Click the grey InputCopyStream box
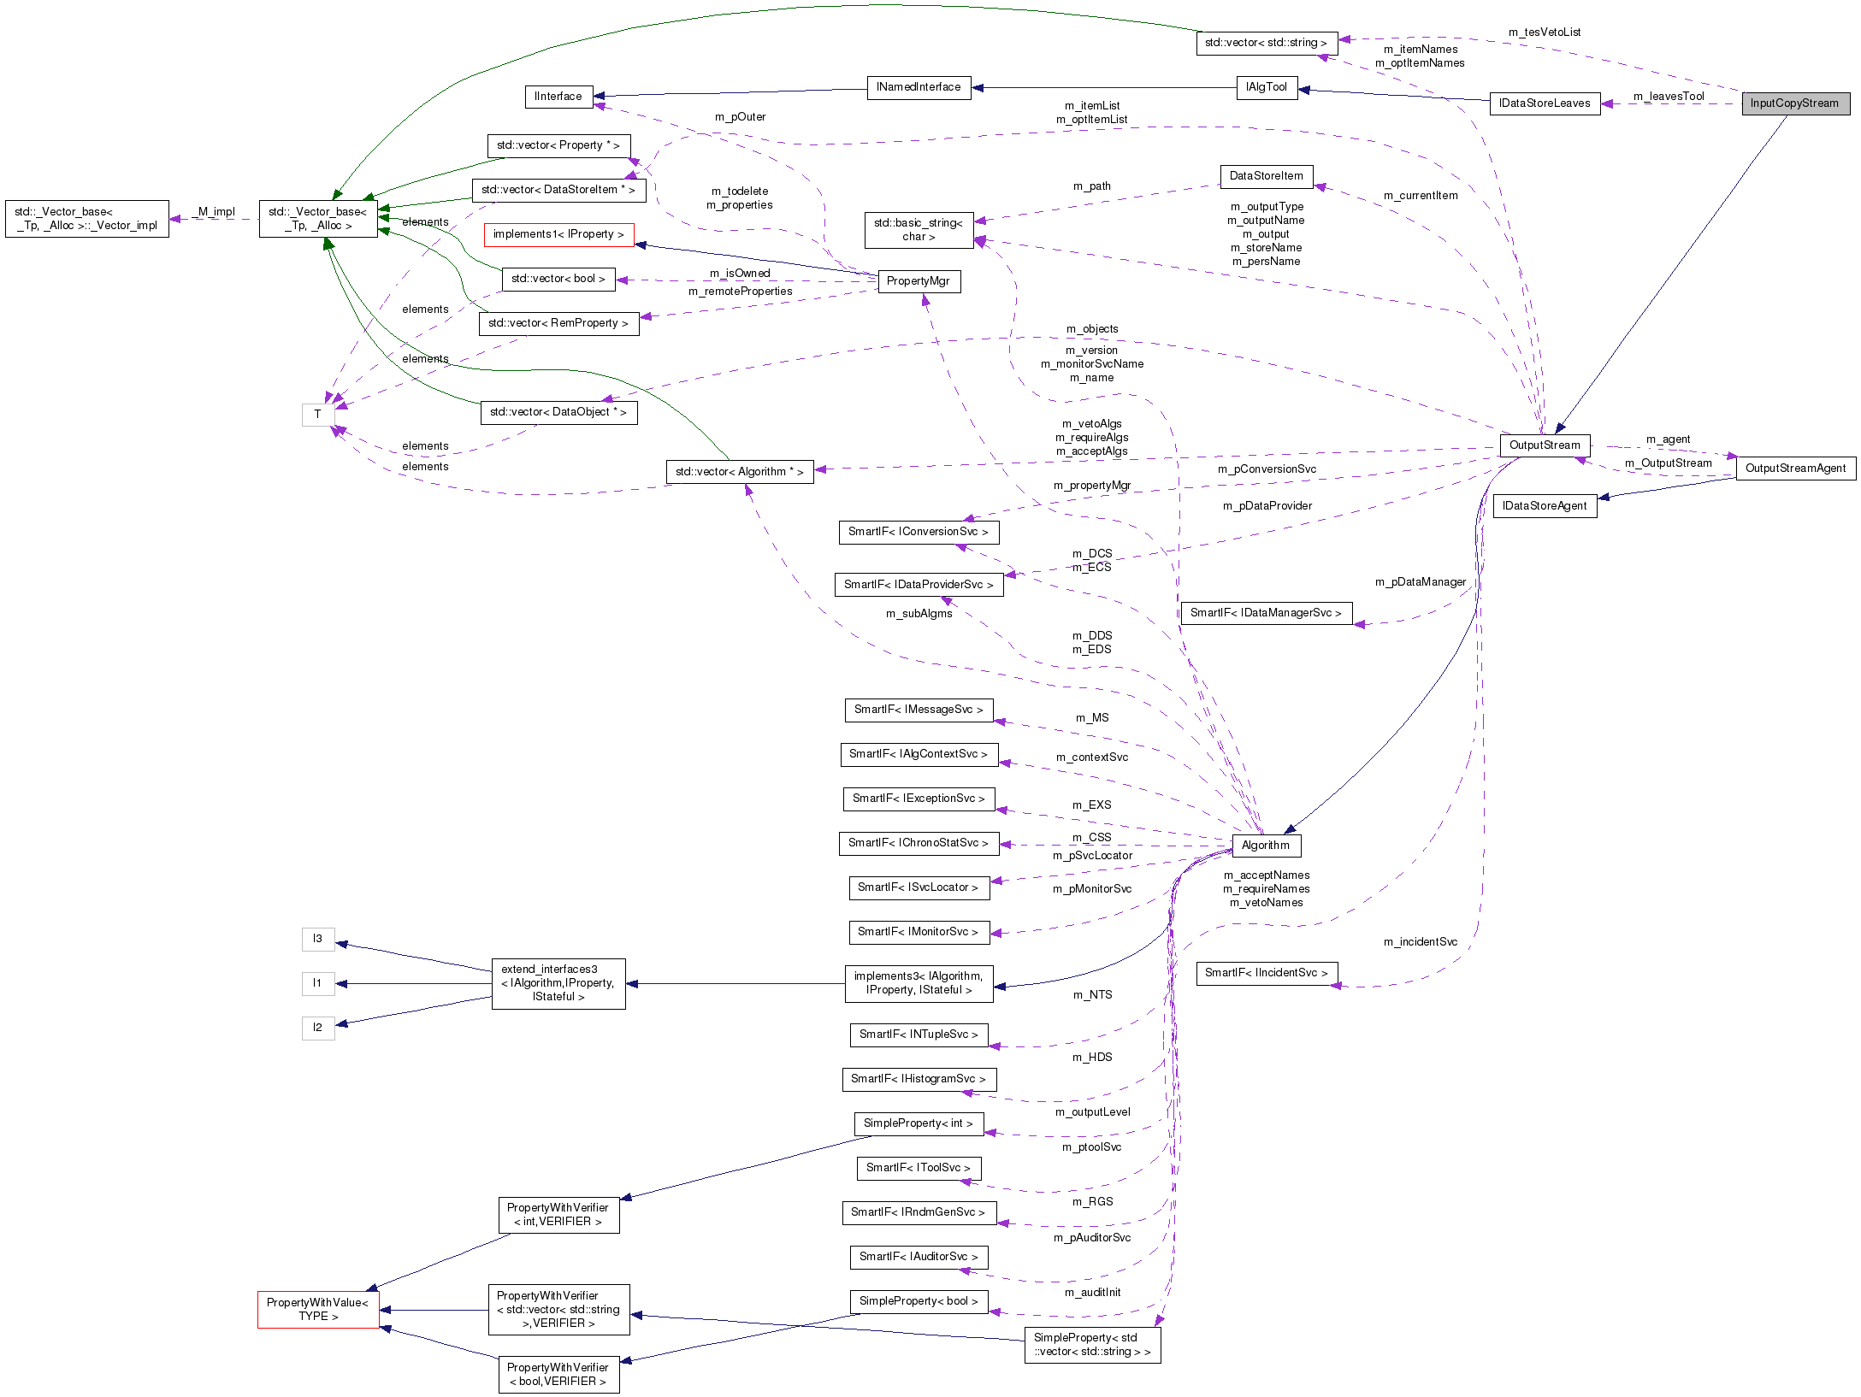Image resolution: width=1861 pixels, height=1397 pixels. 1795,103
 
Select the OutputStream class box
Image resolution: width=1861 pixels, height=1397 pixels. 1545,445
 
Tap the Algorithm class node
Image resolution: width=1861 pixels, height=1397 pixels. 1266,846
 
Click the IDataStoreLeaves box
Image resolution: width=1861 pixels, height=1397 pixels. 1545,103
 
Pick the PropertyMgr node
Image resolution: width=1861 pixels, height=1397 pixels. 919,281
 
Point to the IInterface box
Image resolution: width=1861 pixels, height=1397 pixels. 558,97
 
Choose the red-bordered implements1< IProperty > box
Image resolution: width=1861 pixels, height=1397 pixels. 558,234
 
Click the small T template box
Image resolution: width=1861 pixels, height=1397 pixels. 317,415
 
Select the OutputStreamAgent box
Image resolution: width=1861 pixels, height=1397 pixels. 1795,469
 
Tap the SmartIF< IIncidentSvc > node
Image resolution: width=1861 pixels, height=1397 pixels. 1267,973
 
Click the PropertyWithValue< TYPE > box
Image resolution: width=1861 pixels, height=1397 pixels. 317,1310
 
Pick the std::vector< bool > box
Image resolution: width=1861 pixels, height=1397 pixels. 558,279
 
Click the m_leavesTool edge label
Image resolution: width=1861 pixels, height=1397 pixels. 1669,97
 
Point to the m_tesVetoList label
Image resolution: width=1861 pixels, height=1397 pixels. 1545,32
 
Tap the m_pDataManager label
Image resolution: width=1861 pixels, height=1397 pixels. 1420,582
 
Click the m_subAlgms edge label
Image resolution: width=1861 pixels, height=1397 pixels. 919,614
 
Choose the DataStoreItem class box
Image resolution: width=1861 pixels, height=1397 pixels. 1267,176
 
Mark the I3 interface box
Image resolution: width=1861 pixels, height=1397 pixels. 317,939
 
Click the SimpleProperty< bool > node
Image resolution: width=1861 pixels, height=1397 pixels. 919,1301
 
